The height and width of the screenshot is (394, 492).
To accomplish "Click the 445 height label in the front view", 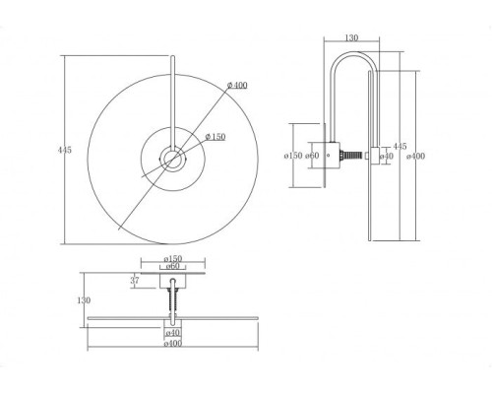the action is pos(65,150).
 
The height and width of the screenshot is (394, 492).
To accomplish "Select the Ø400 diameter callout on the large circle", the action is pos(237,86).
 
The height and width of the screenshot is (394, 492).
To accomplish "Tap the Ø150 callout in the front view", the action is pos(215,137).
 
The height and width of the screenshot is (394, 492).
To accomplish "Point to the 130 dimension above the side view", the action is pos(351,37).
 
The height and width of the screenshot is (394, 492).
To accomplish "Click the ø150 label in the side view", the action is pos(293,156).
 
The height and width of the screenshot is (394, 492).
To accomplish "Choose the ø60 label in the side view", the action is pos(312,156).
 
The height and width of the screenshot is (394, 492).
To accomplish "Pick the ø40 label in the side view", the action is pos(387,157).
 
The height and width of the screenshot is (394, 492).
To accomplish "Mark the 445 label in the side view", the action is pos(400,147).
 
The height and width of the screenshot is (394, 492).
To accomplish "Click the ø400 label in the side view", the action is pos(415,157).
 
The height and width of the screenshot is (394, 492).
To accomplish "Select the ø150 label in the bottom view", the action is pos(173,259).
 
